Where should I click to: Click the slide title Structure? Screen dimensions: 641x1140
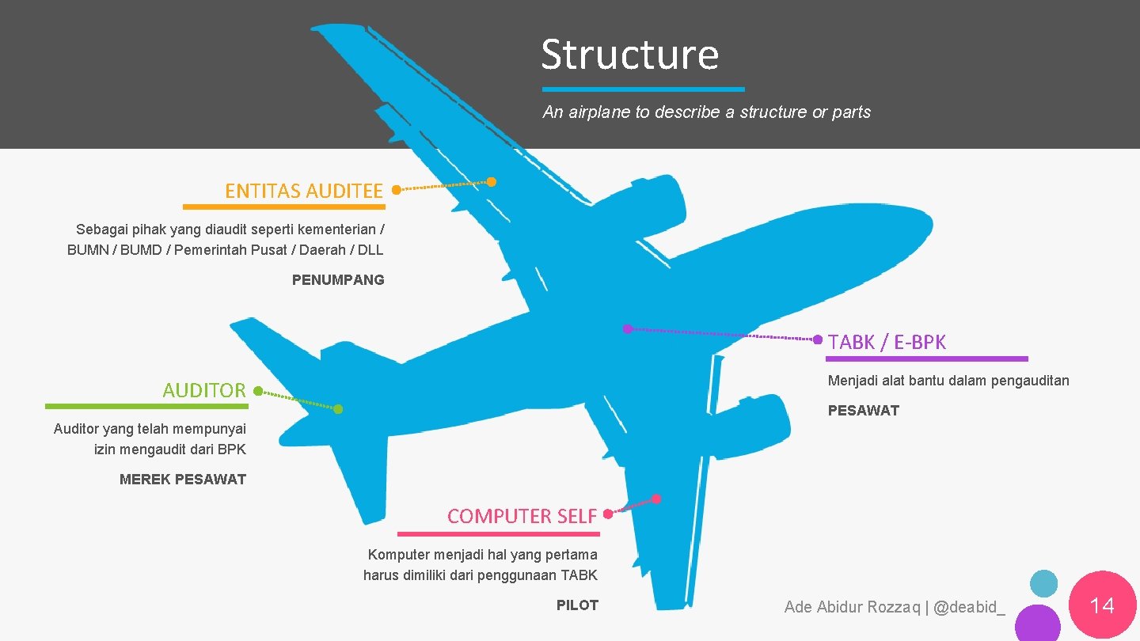[x=630, y=55]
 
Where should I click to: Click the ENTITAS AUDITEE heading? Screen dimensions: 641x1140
[x=304, y=191]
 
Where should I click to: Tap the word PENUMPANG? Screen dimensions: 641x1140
[x=338, y=279]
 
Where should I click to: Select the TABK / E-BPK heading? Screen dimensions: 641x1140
[x=887, y=342]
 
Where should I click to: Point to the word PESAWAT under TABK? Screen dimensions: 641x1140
[x=863, y=410]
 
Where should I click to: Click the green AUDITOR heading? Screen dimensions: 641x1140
[x=204, y=390]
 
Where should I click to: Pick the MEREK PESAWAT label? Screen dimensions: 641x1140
[x=183, y=479]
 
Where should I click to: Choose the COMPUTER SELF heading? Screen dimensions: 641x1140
[x=522, y=516]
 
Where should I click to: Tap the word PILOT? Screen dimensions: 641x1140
[x=577, y=605]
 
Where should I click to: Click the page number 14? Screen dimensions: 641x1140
[x=1102, y=606]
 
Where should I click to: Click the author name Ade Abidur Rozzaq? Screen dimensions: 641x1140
[x=852, y=607]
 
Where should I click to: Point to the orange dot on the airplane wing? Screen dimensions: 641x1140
[x=492, y=182]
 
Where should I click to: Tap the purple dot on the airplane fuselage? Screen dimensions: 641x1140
[x=627, y=328]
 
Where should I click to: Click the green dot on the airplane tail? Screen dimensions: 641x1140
[x=338, y=409]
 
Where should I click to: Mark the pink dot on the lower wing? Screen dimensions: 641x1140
[x=656, y=499]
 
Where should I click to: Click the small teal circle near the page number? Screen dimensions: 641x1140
[x=1043, y=584]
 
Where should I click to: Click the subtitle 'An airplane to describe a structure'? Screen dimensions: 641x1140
[x=706, y=112]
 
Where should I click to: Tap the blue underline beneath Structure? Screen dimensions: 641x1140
[x=643, y=89]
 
